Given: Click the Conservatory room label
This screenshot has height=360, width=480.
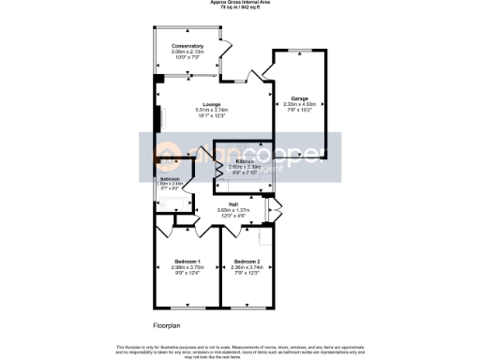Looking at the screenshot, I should (187, 45).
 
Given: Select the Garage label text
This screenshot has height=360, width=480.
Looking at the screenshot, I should (299, 98).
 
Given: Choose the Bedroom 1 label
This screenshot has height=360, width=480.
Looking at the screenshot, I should (187, 261).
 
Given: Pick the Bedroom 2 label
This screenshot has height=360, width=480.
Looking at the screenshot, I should (247, 261).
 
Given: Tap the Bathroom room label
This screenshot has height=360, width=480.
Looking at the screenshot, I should (170, 178).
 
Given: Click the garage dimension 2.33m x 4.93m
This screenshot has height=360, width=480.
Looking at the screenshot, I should (299, 104).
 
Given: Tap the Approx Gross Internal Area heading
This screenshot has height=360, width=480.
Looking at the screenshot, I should (240, 3).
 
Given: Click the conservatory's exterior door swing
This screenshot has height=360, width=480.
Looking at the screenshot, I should (224, 47).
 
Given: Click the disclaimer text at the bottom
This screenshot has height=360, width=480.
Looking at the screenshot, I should (240, 351).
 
